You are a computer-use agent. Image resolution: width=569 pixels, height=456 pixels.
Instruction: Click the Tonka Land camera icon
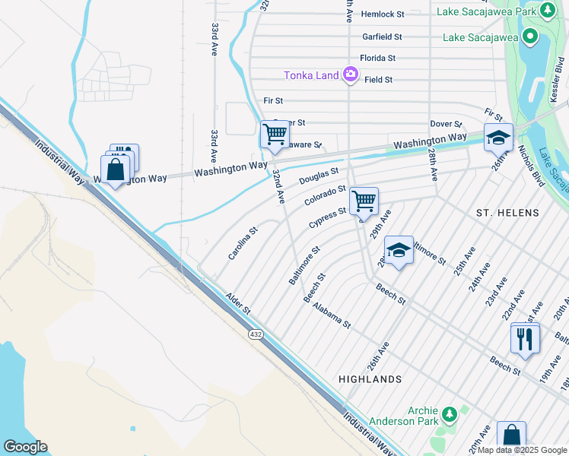point(350,74)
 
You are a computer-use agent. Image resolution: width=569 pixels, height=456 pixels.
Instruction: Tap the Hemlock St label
point(383,14)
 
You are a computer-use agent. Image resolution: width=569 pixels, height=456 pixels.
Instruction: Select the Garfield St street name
point(382,36)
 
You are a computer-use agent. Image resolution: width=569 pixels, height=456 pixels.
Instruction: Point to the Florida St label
point(377,58)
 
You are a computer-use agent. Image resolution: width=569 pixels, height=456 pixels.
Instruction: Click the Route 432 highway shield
point(253,333)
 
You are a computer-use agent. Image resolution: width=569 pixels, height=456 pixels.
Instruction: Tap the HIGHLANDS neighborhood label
point(370,378)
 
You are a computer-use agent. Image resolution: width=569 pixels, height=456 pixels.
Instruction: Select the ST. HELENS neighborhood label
point(507,213)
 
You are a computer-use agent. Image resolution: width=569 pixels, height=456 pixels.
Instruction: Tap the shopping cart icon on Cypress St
point(364,201)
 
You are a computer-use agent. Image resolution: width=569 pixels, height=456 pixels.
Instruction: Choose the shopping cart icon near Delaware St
point(275,135)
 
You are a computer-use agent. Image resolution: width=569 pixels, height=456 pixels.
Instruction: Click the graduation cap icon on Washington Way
point(498,138)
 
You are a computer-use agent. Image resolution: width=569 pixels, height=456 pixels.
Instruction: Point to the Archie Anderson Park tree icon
point(450,414)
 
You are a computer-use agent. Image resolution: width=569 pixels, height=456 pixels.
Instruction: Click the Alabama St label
point(332,313)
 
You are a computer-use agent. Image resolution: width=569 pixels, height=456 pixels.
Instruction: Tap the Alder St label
point(237,303)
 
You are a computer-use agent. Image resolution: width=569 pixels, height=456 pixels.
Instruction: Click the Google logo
point(25,446)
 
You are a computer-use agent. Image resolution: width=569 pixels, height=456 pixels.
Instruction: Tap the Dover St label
point(447,124)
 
